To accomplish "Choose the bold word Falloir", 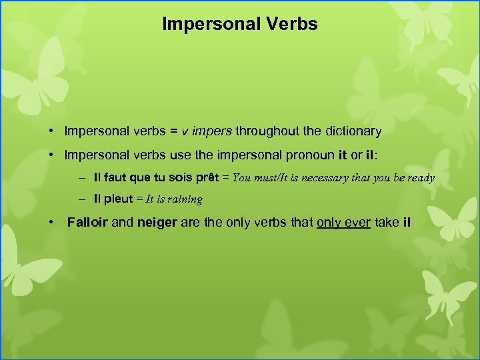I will [x=87, y=222].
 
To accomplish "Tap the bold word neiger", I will [x=157, y=222].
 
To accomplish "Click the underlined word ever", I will [x=357, y=222].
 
